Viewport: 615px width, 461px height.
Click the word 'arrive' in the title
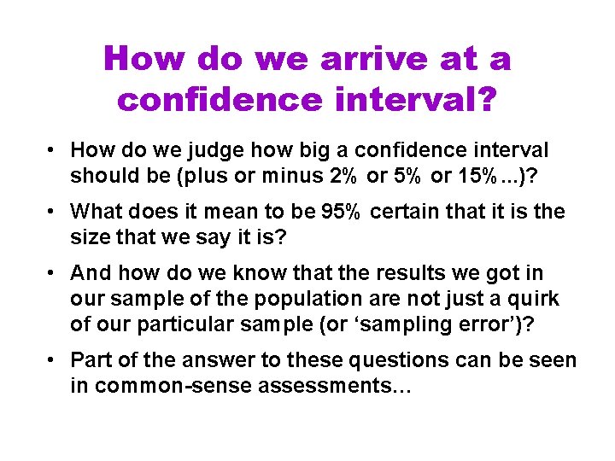point(370,59)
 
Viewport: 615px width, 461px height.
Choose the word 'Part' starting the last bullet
point(89,360)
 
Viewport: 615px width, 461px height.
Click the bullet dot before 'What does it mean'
point(53,211)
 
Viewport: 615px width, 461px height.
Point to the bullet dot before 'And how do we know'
point(53,272)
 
